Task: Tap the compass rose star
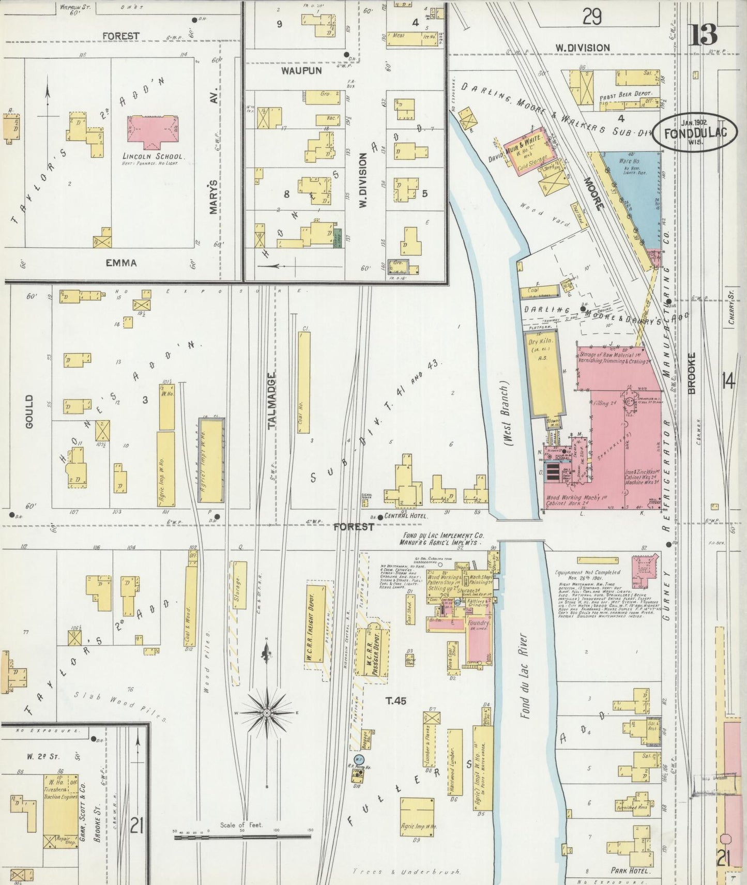[267, 713]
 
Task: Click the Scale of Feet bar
[242, 836]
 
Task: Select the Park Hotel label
[629, 871]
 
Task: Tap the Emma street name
[121, 263]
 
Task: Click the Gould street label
[28, 411]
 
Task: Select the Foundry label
[478, 623]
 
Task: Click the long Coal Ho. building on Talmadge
[304, 383]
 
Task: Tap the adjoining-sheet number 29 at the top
[592, 18]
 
